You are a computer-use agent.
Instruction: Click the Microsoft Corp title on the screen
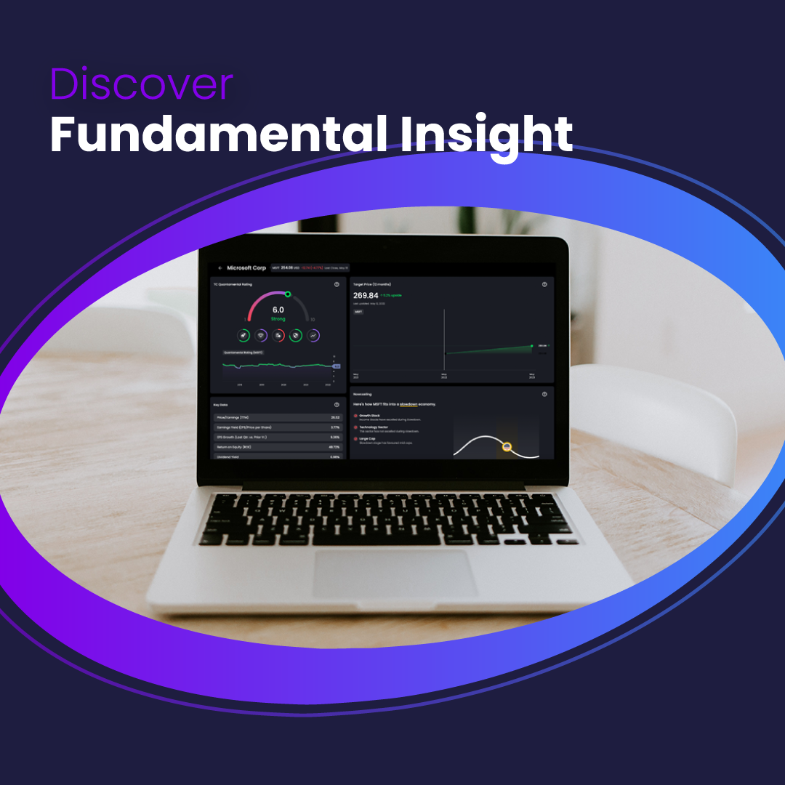pyautogui.click(x=247, y=267)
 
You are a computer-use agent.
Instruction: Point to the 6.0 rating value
pyautogui.click(x=278, y=310)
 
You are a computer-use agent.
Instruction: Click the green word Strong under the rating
pyautogui.click(x=278, y=319)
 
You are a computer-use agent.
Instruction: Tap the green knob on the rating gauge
pyautogui.click(x=288, y=294)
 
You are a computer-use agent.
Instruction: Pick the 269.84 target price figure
pyautogui.click(x=366, y=296)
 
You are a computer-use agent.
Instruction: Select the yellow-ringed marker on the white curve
pyautogui.click(x=507, y=446)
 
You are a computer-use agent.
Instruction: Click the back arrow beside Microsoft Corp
pyautogui.click(x=220, y=267)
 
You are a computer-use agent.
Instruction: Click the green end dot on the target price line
pyautogui.click(x=532, y=346)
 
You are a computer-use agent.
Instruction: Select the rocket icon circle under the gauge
pyautogui.click(x=243, y=335)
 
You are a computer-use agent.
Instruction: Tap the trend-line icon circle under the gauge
pyautogui.click(x=313, y=335)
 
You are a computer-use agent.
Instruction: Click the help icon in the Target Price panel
pyautogui.click(x=544, y=284)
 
